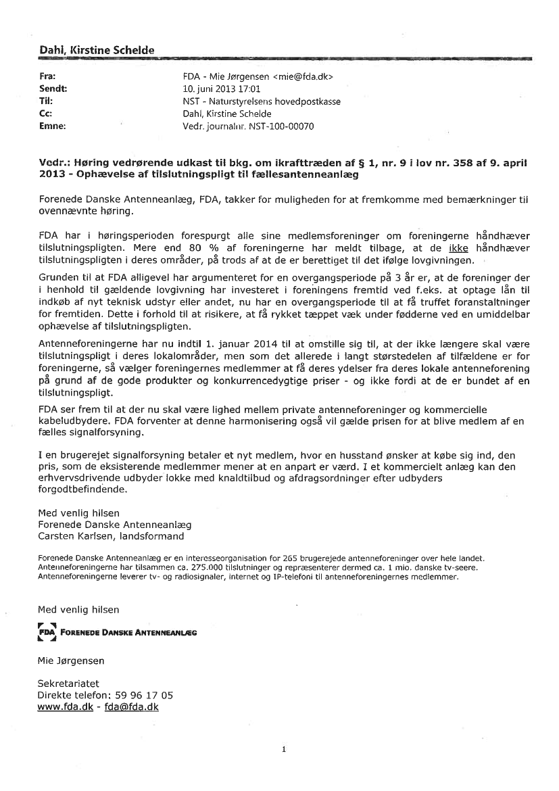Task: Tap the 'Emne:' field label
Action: [x=52, y=126]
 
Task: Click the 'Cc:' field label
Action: [x=46, y=114]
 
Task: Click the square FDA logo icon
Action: [x=46, y=632]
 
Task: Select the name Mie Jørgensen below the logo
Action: [x=71, y=661]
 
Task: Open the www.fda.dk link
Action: [x=65, y=706]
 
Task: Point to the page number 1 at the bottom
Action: [x=285, y=749]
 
